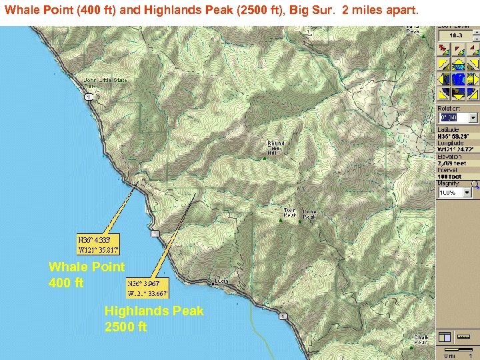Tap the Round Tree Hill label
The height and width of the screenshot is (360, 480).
coord(275,147)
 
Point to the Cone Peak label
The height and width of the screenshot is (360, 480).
coord(310,215)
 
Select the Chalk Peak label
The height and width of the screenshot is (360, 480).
coord(421,340)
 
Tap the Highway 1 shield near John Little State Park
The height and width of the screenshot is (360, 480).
coord(87,97)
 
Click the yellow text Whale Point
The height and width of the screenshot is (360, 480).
coord(87,267)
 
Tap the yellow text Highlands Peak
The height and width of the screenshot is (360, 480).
coord(154,311)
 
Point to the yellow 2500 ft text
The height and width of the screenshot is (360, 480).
coord(125,327)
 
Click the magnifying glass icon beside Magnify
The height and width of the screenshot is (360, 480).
coord(474,183)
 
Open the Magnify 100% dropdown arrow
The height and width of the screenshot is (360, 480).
coord(473,192)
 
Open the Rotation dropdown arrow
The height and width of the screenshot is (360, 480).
coord(473,117)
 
